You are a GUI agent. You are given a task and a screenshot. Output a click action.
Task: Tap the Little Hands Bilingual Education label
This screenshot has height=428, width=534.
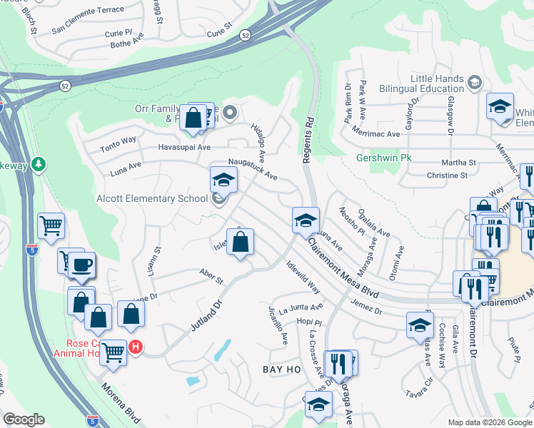click(x=437, y=83)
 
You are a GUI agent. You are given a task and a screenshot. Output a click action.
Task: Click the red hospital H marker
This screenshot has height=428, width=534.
click(x=136, y=347)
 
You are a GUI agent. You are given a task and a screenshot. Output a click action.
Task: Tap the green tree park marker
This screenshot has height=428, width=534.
click(x=38, y=165)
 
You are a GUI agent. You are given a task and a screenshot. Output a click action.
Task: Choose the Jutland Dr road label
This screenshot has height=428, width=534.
click(x=208, y=315)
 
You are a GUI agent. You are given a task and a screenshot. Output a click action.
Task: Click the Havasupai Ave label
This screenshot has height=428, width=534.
click(x=184, y=147)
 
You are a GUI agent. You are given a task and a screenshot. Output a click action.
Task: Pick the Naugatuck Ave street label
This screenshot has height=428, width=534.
click(x=253, y=169)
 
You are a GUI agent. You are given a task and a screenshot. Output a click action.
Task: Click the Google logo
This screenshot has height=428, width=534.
click(x=24, y=419)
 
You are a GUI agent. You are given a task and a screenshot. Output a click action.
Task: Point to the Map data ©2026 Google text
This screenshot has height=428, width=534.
click(x=490, y=422)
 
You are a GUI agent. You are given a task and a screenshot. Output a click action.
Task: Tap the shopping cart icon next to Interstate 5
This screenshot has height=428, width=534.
click(x=51, y=226)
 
